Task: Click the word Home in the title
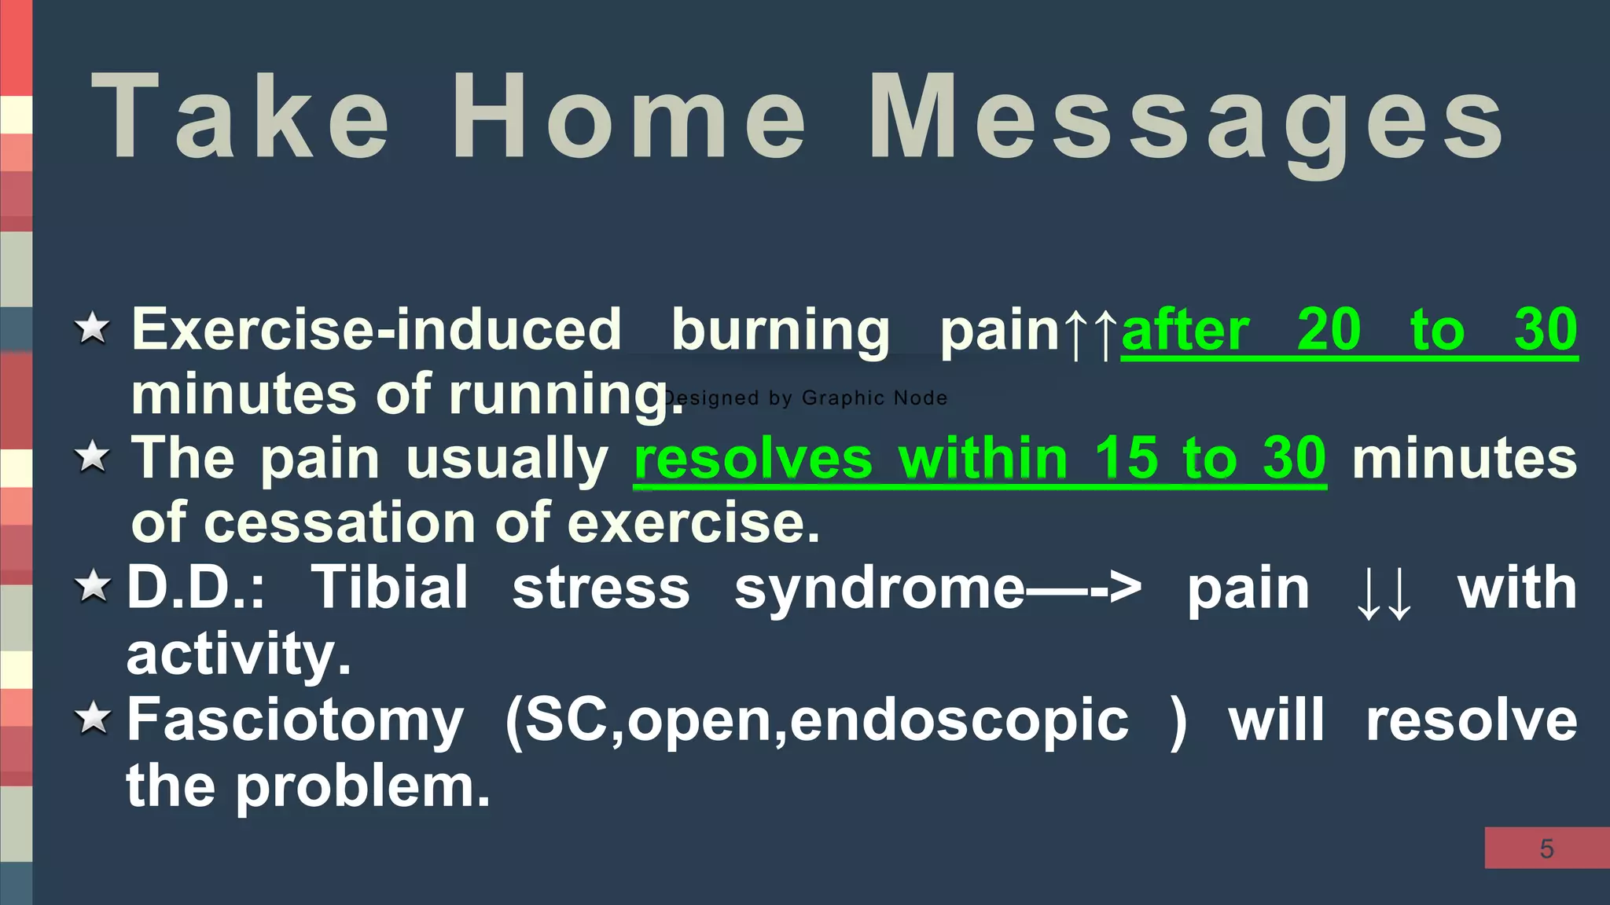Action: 629,118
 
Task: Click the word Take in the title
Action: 240,118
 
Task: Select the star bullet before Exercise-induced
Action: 93,328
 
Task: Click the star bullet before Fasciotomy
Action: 93,717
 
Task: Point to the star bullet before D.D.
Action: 93,586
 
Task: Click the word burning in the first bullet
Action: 780,331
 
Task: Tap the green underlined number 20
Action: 1329,329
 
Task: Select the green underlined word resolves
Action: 753,459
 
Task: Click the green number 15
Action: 1126,459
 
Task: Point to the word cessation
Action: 339,523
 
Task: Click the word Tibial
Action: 390,588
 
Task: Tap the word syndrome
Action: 879,589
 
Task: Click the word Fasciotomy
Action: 295,720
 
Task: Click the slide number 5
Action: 1546,848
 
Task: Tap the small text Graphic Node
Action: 874,398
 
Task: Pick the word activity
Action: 237,654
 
